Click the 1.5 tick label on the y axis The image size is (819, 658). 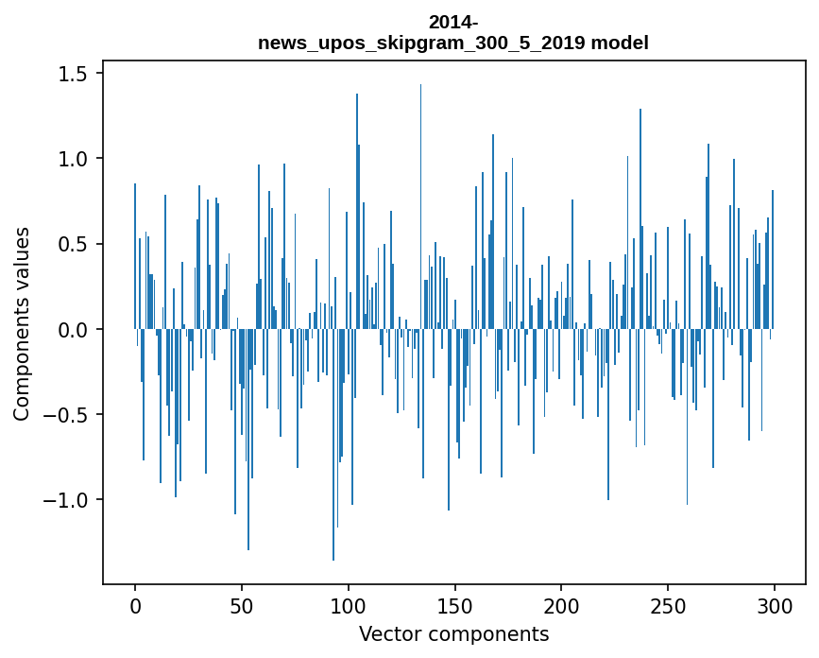coord(73,73)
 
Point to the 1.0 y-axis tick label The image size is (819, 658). coord(73,159)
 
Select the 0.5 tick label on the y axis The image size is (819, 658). coord(73,244)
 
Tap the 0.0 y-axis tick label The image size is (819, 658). coord(73,329)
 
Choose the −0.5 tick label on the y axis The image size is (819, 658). coord(66,414)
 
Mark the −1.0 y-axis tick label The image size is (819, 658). coord(66,499)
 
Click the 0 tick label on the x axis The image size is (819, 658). coord(135,606)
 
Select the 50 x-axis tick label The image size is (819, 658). coord(242,606)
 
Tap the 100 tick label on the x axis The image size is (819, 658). coord(349,606)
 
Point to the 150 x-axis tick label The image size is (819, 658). coord(455,606)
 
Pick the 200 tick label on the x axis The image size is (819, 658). coord(561,606)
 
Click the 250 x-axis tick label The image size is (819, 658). coord(668,606)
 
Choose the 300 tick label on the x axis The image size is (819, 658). coord(775,606)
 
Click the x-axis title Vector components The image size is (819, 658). coord(453,634)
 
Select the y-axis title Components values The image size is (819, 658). coord(22,324)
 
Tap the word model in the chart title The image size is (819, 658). coord(620,43)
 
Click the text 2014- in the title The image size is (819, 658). coord(453,23)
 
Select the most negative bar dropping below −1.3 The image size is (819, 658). coord(333,444)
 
